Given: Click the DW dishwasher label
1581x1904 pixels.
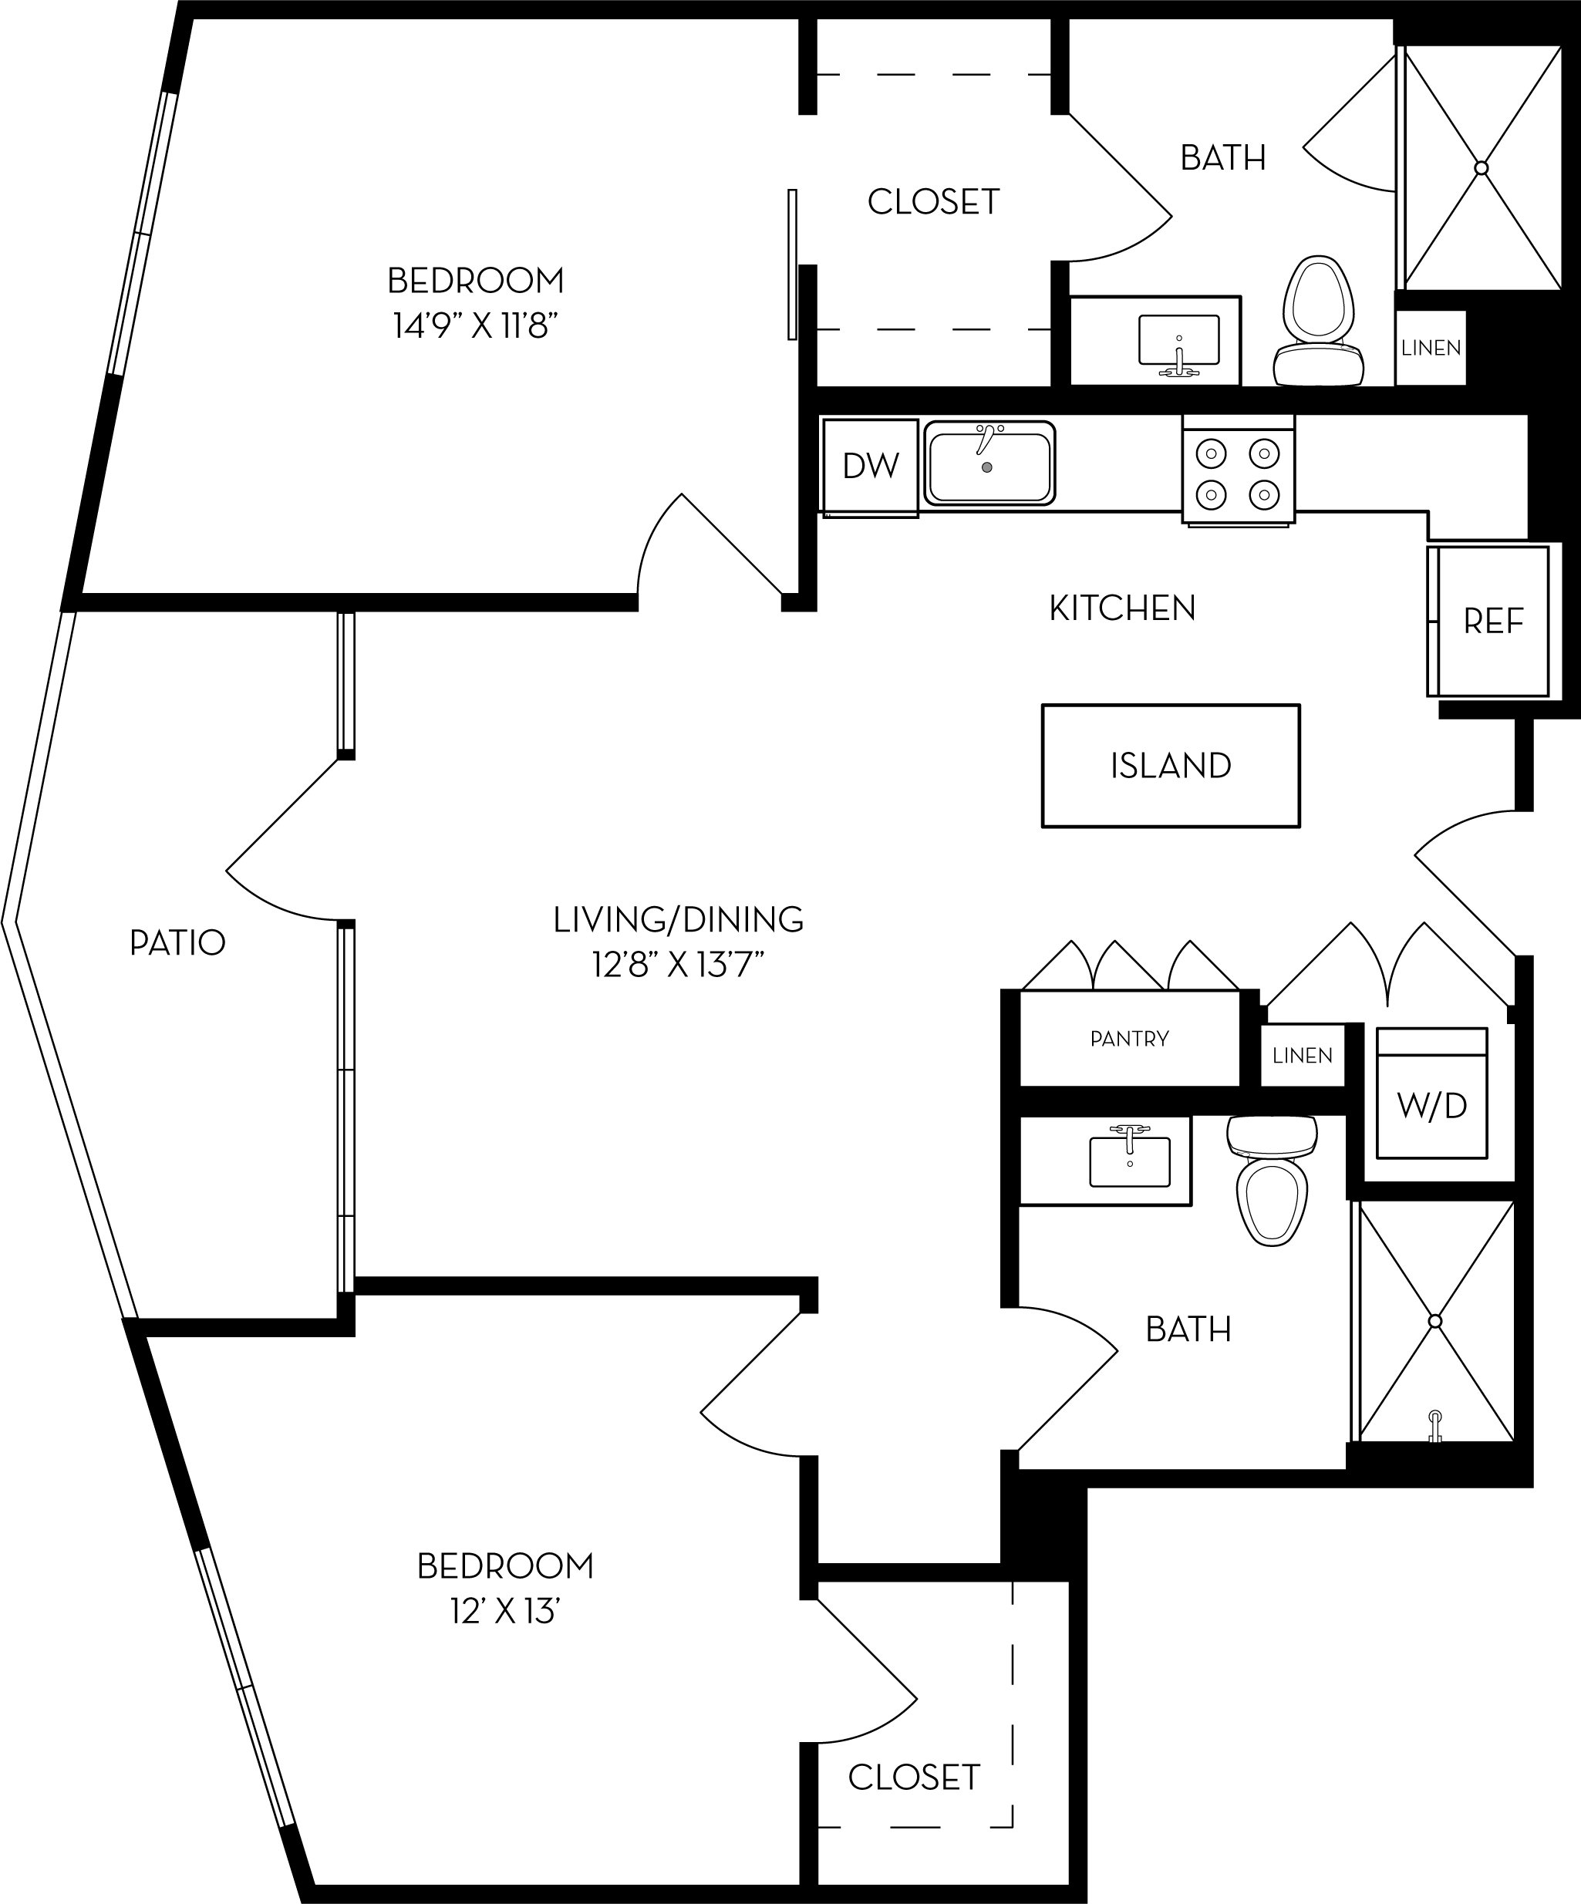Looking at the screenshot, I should [870, 466].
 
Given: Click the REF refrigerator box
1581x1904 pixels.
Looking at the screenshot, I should [1493, 621].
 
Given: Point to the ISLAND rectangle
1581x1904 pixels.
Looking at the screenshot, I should [1171, 766].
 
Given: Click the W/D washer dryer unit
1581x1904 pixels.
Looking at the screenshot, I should [1431, 1105].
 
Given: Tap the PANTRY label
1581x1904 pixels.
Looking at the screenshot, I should [1130, 1039].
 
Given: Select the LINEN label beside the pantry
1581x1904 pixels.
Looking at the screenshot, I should [1302, 1056].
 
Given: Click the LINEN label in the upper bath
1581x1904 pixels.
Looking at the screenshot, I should [1431, 348].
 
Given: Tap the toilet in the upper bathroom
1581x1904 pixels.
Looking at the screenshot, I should [1319, 322].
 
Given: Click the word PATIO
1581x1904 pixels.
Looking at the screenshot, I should [177, 943].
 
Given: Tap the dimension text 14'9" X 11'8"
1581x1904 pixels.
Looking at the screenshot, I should [474, 325].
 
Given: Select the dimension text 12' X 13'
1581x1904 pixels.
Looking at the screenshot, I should [505, 1612].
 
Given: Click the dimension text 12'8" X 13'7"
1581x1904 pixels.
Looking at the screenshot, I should [678, 966].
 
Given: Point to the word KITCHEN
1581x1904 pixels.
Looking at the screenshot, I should [1122, 608].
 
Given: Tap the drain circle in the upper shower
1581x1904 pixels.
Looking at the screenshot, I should [1482, 168].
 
